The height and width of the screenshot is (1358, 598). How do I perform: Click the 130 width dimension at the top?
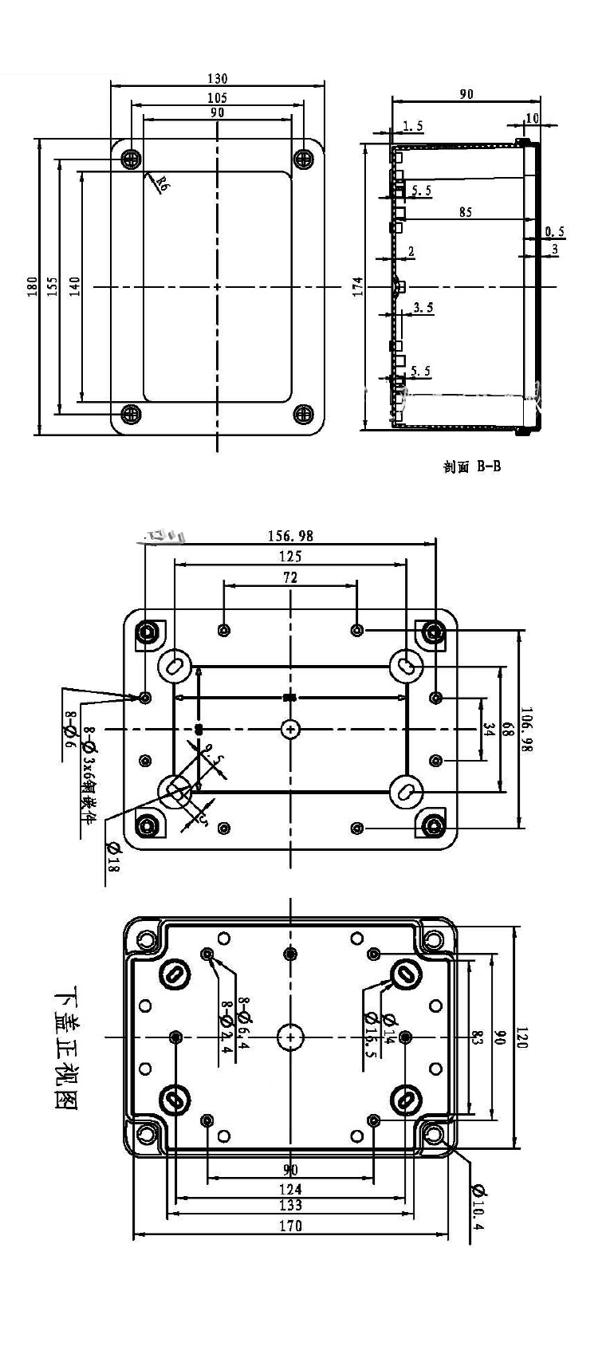(218, 78)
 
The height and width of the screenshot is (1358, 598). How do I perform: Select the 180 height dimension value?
(32, 285)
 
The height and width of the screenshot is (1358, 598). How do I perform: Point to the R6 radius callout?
(161, 186)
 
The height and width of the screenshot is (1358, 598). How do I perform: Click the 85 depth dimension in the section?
(466, 212)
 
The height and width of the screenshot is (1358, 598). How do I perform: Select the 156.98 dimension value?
(290, 536)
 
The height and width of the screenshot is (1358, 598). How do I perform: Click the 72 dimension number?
(290, 578)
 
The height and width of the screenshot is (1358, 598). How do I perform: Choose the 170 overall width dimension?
(291, 1248)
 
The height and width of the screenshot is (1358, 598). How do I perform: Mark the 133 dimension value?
(290, 1228)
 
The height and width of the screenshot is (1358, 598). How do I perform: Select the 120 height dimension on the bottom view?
(525, 1038)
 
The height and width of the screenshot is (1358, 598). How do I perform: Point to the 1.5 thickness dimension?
(413, 126)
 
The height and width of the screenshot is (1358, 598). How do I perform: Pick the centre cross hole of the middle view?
(290, 729)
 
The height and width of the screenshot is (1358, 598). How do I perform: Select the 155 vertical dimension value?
(51, 285)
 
